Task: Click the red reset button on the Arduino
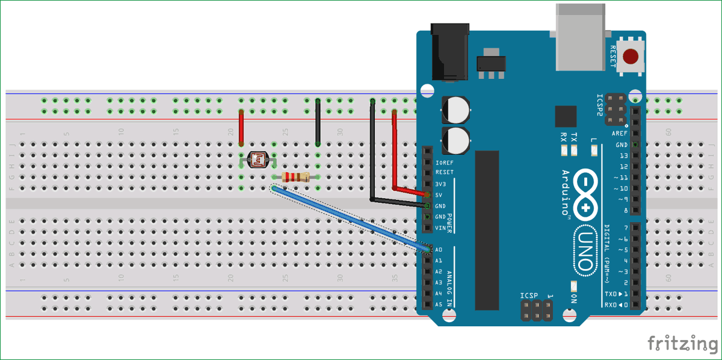pos(631,57)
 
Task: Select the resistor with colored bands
pos(295,177)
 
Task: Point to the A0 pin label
pos(439,249)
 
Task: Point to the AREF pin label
pos(620,134)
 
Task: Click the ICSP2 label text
pos(599,105)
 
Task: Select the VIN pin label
pos(439,228)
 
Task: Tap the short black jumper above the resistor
pos(318,123)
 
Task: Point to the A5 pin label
pos(439,305)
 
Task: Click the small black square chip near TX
pos(566,117)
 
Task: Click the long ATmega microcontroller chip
pos(487,229)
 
